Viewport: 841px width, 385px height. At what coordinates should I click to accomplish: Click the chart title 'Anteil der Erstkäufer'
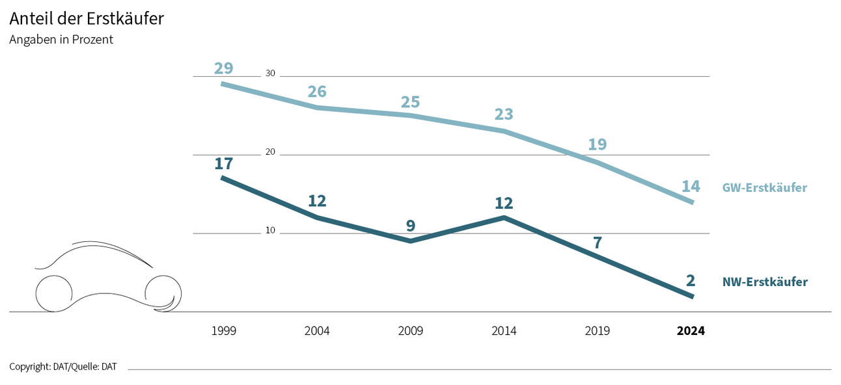86,19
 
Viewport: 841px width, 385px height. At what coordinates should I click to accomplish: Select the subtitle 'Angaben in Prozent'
61,40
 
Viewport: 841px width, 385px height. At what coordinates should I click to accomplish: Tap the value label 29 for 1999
223,68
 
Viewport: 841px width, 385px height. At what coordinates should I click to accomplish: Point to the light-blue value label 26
317,92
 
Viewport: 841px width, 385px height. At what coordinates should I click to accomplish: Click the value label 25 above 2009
410,102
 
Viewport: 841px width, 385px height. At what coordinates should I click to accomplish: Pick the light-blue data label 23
504,114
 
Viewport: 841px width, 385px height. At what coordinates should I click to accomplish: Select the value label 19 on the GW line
597,144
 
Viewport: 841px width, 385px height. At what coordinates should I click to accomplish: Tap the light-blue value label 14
691,187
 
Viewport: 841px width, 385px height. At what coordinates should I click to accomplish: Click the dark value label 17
223,163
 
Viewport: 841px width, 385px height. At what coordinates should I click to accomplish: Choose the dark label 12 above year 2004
317,201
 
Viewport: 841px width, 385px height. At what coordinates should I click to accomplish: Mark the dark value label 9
410,226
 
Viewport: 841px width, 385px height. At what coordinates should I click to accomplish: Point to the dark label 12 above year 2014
504,203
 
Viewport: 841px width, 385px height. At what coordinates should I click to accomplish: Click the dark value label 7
597,243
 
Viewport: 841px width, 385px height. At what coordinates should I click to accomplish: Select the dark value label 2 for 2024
691,281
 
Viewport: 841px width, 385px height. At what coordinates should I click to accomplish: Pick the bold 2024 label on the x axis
691,331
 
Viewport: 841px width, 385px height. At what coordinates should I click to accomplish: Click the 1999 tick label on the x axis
223,331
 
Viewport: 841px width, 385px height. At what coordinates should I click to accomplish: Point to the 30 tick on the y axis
270,73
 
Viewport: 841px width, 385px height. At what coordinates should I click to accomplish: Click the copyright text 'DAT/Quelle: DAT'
63,367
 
